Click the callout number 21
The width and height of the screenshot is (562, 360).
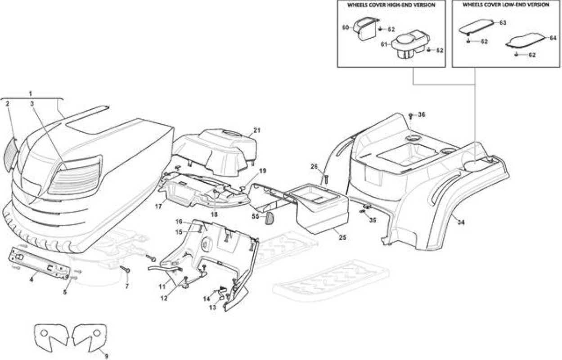coord(257,130)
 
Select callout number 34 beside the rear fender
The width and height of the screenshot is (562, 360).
coord(461,222)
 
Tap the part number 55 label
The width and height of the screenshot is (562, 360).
coord(256,216)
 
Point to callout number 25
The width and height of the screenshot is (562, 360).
coord(342,237)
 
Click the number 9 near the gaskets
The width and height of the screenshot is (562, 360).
coord(106,356)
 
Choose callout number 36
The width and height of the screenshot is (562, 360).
coord(422,115)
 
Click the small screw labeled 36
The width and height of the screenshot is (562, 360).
coord(411,116)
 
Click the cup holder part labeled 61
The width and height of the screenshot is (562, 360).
coord(410,45)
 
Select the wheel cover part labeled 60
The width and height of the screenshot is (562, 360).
coord(366,28)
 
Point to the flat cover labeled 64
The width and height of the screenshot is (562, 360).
coord(525,40)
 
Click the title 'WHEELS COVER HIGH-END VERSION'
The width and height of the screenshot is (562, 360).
coord(391,5)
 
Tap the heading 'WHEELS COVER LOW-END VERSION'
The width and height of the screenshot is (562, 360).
coord(506,5)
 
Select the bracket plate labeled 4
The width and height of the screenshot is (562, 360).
coord(40,263)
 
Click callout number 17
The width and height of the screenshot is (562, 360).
coord(158,207)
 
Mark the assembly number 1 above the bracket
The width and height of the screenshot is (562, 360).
coord(31,94)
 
